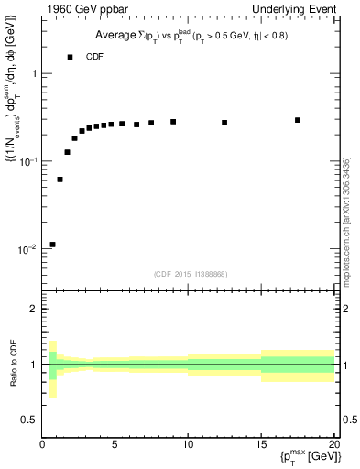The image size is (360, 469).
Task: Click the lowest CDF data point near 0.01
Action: click(x=52, y=245)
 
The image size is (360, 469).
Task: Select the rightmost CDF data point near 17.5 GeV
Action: click(x=298, y=120)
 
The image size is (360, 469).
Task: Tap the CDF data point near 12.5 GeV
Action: click(x=224, y=123)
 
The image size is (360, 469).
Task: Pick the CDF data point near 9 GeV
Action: click(x=173, y=122)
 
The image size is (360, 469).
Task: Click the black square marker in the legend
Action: click(x=70, y=57)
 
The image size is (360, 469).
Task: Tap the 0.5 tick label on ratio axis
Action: click(x=28, y=420)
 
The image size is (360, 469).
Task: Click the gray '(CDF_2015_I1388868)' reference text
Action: click(x=189, y=273)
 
